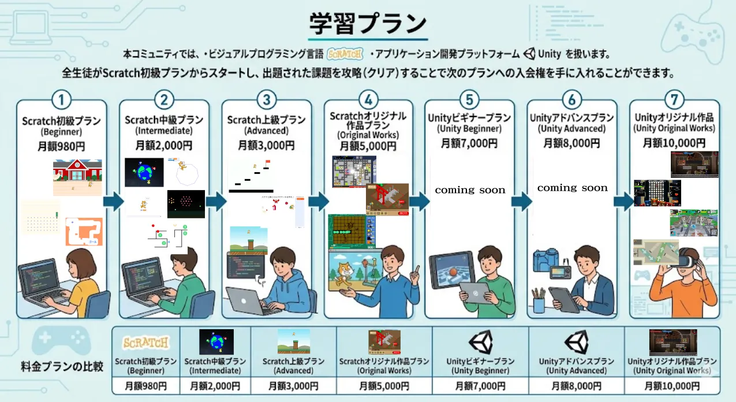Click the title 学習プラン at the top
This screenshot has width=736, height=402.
(368, 24)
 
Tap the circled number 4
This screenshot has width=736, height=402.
(368, 99)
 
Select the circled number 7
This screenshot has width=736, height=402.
(674, 99)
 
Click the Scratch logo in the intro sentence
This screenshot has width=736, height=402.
(345, 54)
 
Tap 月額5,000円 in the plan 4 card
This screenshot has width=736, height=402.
(368, 146)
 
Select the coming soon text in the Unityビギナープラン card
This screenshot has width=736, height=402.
(470, 190)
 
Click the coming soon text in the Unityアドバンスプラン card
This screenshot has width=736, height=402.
(572, 188)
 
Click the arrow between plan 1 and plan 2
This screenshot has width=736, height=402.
(113, 202)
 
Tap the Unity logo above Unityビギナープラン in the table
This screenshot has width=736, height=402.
(480, 342)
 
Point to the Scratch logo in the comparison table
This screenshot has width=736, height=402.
(146, 342)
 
